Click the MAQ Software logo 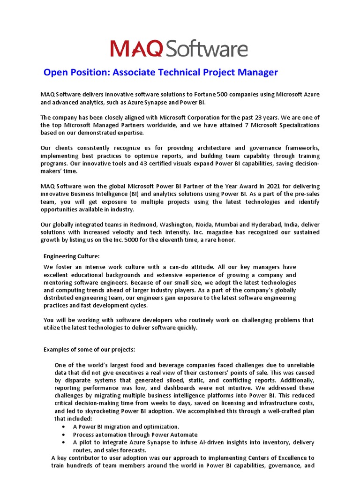(x=179, y=49)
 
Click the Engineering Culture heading (x=72, y=256)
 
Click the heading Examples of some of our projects (x=90, y=349)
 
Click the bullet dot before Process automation (x=63, y=435)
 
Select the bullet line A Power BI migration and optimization (x=126, y=427)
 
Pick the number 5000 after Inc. (x=134, y=240)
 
